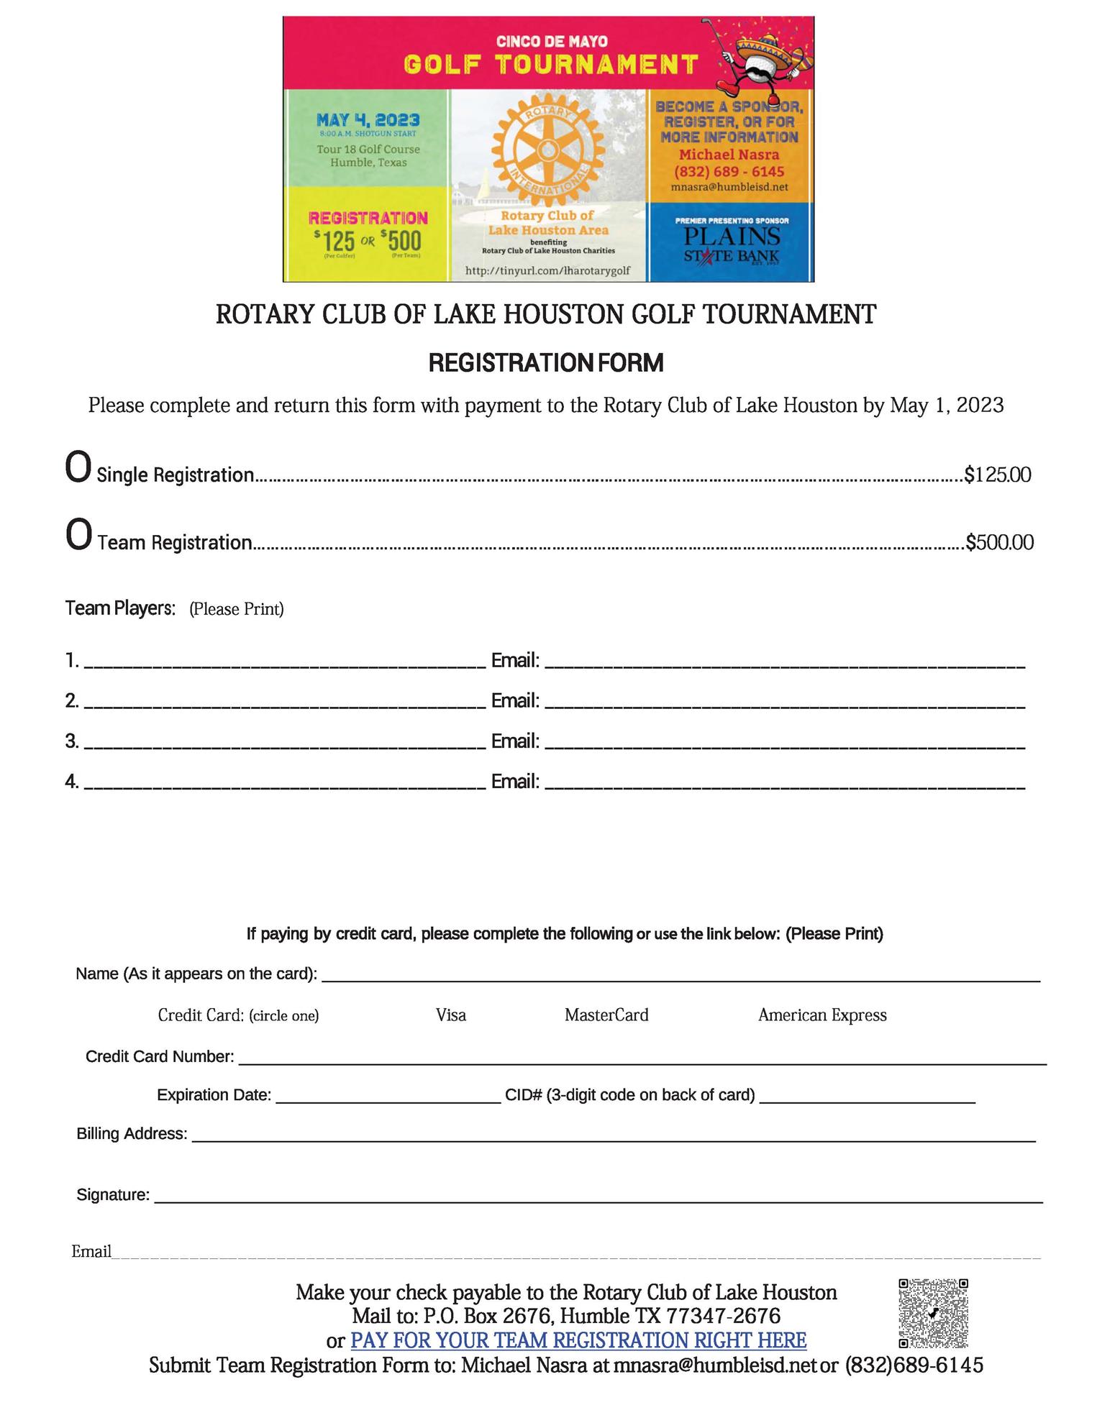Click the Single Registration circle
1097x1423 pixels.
pos(78,468)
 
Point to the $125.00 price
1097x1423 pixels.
pos(997,475)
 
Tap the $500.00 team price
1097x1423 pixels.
pos(999,542)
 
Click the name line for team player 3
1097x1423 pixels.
pos(284,742)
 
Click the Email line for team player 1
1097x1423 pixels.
pos(784,662)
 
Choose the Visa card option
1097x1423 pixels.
pos(451,1015)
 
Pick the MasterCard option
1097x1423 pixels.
pos(606,1015)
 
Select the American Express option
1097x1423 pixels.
pos(822,1015)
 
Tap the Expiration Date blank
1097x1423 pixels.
pos(388,1096)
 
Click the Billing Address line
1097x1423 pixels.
pos(613,1135)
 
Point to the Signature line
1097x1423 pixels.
pos(598,1196)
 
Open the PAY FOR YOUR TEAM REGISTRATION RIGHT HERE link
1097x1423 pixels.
pos(578,1341)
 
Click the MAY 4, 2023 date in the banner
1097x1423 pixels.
pos(368,120)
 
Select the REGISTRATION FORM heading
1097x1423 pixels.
pos(546,363)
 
